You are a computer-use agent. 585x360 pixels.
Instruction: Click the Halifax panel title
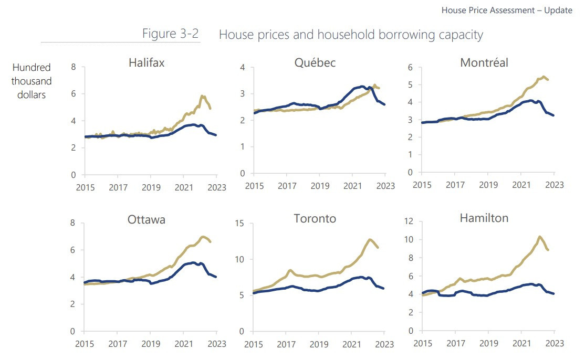click(147, 63)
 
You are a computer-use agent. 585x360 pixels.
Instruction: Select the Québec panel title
click(315, 63)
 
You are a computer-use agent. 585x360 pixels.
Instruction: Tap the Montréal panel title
click(484, 63)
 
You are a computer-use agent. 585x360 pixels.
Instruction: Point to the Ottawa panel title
click(147, 220)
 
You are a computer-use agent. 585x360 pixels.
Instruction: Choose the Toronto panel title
click(315, 219)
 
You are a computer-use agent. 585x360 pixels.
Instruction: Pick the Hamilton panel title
click(484, 218)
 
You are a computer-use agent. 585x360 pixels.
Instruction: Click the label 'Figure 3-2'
click(171, 34)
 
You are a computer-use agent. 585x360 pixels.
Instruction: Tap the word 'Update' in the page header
click(558, 10)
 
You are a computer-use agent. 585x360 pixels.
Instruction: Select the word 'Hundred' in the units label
click(32, 68)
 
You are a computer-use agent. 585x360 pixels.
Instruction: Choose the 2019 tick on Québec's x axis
click(320, 186)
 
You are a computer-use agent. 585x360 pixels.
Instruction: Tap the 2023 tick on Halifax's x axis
click(217, 187)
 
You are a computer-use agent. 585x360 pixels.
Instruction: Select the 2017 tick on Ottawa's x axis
click(117, 344)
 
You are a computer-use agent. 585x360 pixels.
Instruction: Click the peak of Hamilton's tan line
click(539, 237)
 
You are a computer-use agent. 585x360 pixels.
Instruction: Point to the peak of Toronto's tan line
click(370, 239)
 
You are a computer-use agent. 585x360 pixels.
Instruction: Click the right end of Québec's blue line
click(385, 104)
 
